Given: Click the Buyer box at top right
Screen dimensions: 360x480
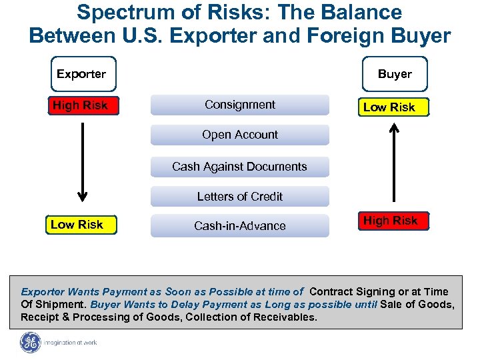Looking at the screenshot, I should [395, 74].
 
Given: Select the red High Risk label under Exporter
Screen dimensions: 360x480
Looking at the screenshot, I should [80, 105].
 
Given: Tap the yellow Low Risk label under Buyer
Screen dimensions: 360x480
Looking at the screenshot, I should [389, 107].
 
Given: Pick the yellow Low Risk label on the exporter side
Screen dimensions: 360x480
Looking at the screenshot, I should [77, 225].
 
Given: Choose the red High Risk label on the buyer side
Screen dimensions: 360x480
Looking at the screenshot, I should [390, 221].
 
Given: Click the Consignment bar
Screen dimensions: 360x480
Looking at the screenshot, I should [240, 105].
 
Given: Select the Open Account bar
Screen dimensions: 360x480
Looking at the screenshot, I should [240, 135].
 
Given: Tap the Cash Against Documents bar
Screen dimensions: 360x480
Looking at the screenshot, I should [240, 167].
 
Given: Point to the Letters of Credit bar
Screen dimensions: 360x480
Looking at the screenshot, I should [240, 197].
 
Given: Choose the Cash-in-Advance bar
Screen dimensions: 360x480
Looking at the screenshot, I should [240, 226].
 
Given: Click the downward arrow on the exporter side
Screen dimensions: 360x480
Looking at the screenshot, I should [82, 160].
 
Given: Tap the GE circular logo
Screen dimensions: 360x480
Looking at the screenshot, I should [31, 343].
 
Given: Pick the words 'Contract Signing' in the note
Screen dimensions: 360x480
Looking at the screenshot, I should [349, 291].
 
